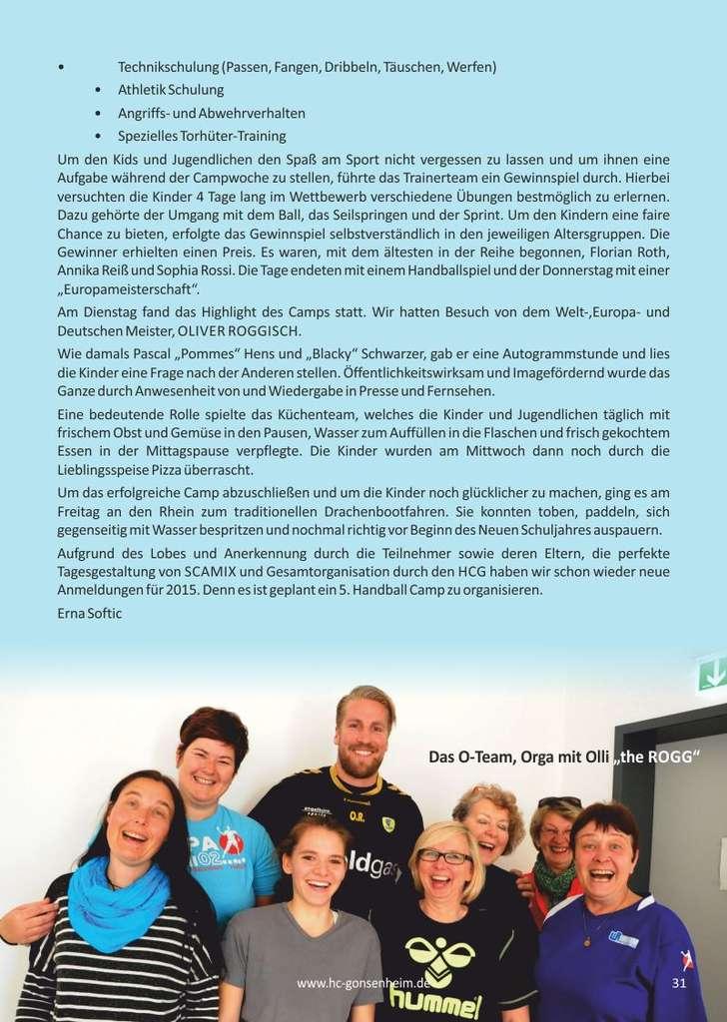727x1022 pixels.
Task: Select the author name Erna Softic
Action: pos(90,613)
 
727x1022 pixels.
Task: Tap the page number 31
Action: pos(680,983)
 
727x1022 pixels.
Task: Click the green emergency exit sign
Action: pos(712,674)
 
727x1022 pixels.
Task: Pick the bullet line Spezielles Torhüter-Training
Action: pos(202,136)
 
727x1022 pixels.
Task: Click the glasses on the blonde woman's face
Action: pos(444,856)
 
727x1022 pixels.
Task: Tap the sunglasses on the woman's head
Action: pos(559,802)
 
